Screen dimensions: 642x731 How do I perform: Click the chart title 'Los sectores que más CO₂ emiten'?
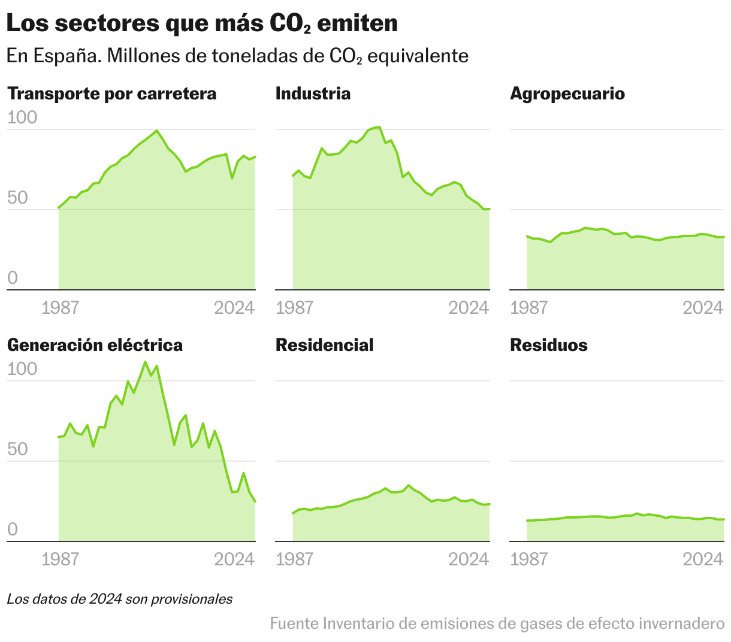[x=202, y=24]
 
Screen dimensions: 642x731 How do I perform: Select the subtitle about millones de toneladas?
[x=237, y=56]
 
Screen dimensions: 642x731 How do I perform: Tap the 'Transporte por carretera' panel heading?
[x=111, y=94]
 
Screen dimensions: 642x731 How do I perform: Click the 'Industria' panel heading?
[x=313, y=94]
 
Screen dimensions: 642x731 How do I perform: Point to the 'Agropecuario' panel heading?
[x=567, y=94]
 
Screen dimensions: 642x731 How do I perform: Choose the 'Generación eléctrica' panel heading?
[x=95, y=346]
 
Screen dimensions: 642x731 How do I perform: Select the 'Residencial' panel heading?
[x=324, y=346]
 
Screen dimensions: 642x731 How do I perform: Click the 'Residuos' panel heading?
[x=548, y=346]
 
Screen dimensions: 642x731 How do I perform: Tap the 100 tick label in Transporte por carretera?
[x=22, y=118]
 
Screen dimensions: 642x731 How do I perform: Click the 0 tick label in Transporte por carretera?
[x=13, y=278]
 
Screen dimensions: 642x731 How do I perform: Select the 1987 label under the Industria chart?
[x=294, y=308]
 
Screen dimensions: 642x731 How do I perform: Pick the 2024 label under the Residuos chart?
[x=703, y=559]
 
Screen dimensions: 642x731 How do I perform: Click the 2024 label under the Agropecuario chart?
[x=703, y=308]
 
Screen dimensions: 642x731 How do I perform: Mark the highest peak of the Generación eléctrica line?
[x=145, y=362]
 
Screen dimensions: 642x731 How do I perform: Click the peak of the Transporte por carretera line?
[x=157, y=131]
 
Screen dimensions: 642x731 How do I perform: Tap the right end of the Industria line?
[x=489, y=209]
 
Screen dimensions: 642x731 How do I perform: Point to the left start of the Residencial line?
[x=293, y=513]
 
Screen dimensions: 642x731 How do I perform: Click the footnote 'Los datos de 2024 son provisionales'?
[x=120, y=599]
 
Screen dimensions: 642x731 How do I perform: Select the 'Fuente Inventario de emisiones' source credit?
[x=497, y=624]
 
